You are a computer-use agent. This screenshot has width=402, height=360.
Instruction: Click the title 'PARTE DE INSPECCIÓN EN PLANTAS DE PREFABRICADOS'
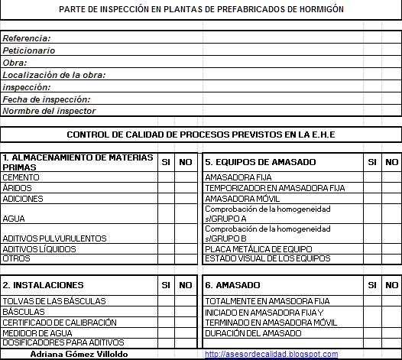coord(200,8)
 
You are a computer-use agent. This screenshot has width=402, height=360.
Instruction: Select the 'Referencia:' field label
coord(27,38)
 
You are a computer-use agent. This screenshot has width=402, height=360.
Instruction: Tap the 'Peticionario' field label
coord(29,50)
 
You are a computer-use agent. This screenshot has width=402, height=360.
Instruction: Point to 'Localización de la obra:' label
coord(54,75)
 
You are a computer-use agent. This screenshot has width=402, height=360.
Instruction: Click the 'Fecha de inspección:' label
coord(47,99)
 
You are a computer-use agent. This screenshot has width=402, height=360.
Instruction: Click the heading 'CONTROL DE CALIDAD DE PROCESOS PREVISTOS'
coord(201,135)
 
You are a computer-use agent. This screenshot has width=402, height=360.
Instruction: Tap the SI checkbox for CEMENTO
coord(166,177)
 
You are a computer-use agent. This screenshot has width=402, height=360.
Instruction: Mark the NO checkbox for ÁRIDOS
coord(186,188)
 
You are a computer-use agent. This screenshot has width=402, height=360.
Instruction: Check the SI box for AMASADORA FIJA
coord(372,177)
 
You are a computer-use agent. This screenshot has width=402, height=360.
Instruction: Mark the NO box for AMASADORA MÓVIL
coord(391,198)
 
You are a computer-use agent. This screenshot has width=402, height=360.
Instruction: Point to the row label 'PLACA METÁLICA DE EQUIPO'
coord(258,248)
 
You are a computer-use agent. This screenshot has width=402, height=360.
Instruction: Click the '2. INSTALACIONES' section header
coord(43,285)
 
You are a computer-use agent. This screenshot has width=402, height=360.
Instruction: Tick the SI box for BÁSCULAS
coord(166,312)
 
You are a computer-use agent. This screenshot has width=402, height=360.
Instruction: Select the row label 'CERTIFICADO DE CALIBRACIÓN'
coord(60,323)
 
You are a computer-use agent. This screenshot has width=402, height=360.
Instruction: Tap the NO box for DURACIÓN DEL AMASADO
coord(391,333)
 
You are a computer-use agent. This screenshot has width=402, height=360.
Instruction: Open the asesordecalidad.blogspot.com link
coord(271,355)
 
